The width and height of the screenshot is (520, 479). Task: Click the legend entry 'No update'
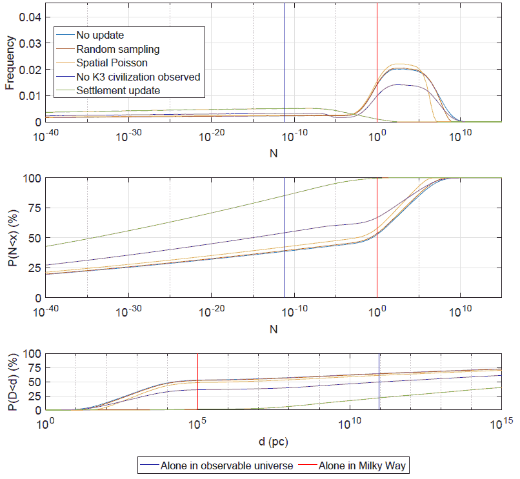[x=100, y=35]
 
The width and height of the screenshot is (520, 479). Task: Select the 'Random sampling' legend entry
[x=118, y=49]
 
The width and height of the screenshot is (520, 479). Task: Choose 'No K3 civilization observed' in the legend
[x=138, y=77]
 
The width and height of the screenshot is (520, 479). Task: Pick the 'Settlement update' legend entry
[x=118, y=91]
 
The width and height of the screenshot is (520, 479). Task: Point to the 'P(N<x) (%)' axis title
[x=10, y=238]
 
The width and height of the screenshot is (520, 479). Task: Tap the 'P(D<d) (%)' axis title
[x=10, y=382]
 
